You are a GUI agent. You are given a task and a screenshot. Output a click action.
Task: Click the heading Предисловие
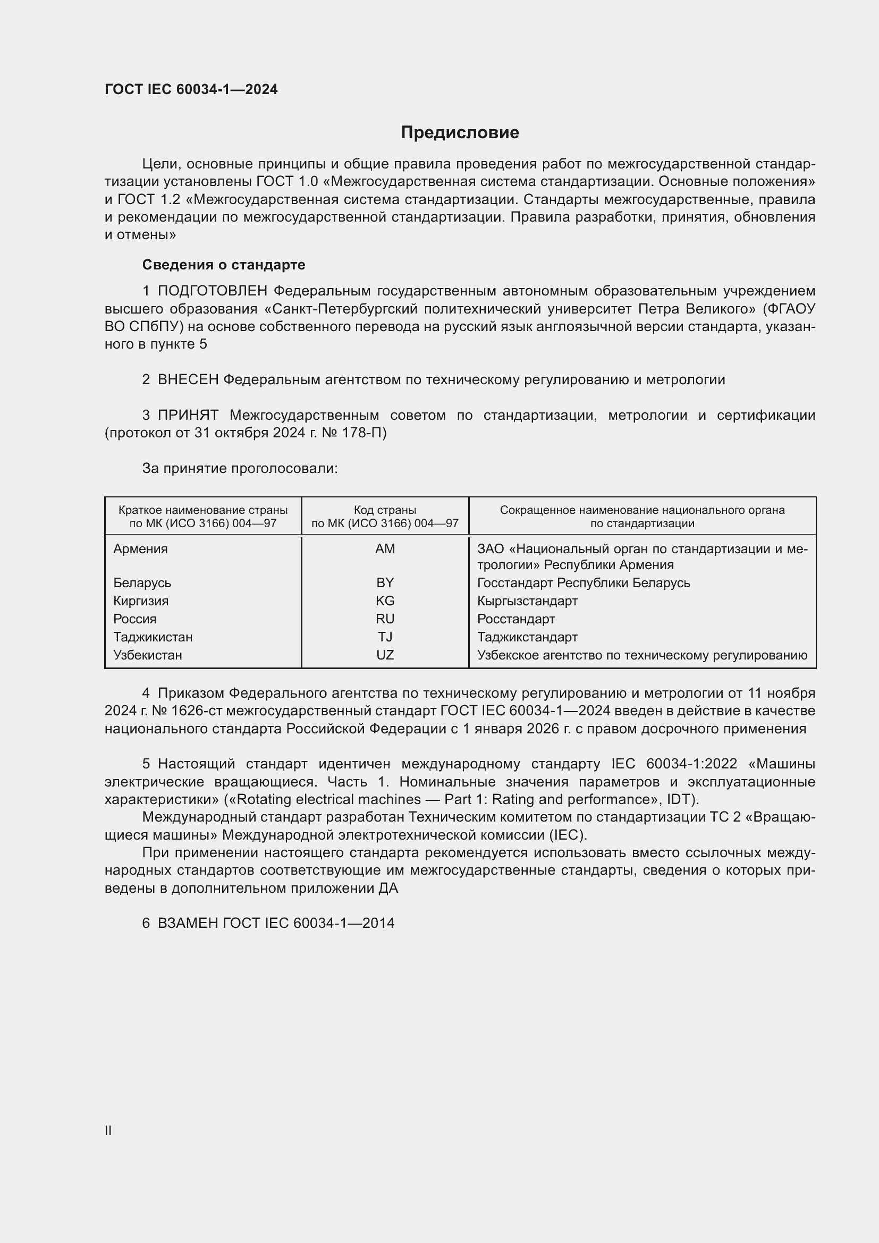click(460, 133)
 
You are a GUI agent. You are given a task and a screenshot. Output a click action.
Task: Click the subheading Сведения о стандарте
click(224, 265)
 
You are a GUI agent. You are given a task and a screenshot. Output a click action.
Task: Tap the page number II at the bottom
click(108, 1130)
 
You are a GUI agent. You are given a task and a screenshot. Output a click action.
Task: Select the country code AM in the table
click(385, 549)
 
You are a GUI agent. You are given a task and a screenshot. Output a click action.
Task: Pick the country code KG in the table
click(385, 601)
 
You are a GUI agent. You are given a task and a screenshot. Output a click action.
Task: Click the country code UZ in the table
click(385, 655)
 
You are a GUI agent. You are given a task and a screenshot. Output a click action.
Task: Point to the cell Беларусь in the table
click(142, 583)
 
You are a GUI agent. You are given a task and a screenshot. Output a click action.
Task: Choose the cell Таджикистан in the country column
click(153, 637)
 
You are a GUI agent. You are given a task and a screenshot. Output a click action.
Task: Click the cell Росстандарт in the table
click(516, 619)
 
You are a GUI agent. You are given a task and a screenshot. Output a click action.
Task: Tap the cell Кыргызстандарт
click(527, 601)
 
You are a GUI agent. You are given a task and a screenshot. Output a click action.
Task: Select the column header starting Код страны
click(385, 517)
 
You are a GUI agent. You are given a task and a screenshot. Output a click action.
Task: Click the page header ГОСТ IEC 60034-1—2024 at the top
click(191, 89)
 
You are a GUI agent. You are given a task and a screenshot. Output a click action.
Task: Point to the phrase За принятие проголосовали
click(240, 468)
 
